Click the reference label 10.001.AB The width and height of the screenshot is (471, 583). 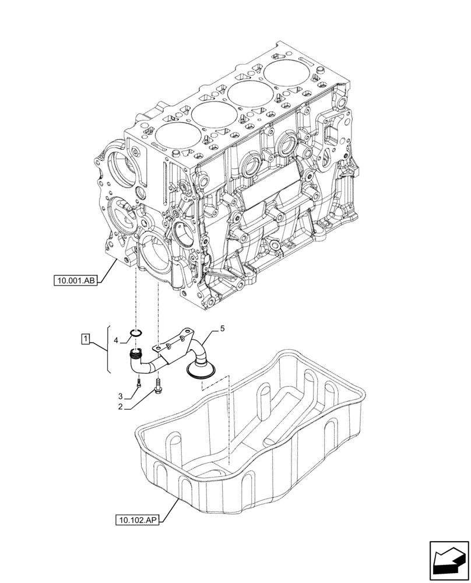(x=76, y=281)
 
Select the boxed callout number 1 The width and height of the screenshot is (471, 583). (x=85, y=338)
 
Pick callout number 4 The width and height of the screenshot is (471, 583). (x=116, y=340)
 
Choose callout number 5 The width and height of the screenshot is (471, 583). (x=222, y=330)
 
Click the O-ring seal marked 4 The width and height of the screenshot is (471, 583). (x=136, y=333)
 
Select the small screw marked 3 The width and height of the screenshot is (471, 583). (x=138, y=383)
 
